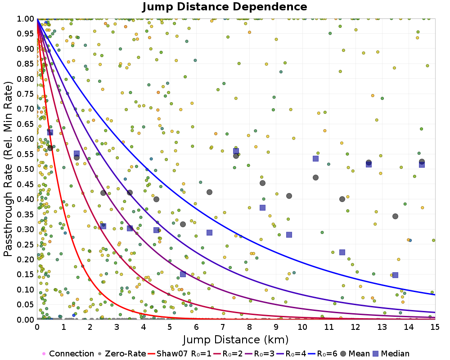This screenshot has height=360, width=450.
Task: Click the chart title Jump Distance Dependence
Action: (x=225, y=7)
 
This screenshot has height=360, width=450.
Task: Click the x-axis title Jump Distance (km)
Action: (x=235, y=339)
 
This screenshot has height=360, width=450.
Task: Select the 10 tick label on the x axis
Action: (x=302, y=327)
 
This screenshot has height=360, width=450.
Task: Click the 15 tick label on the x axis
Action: (x=435, y=327)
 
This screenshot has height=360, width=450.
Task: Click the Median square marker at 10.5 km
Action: (x=315, y=158)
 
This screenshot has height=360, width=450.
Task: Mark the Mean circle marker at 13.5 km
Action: (x=395, y=216)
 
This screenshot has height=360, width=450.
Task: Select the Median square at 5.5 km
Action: (x=183, y=274)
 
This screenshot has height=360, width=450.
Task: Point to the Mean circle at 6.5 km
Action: (x=209, y=192)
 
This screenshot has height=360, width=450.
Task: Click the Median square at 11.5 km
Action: (x=342, y=252)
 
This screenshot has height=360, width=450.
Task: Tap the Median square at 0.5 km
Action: (x=50, y=132)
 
